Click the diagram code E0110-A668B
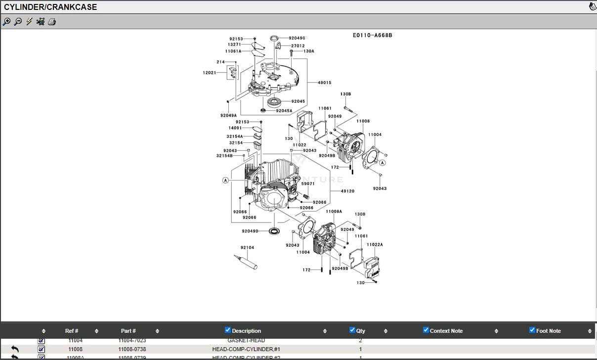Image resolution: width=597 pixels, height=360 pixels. (372, 36)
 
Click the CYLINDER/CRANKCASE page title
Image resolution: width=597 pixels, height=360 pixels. (50, 7)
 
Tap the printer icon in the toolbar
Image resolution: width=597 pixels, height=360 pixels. (52, 22)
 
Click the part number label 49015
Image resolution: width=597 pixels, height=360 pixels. (324, 83)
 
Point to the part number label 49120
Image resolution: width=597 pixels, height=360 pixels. (347, 191)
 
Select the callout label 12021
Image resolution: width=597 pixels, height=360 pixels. (209, 73)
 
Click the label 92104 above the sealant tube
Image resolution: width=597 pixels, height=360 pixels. (247, 247)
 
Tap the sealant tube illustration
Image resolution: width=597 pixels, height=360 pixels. (246, 262)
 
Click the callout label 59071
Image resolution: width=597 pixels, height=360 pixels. (308, 183)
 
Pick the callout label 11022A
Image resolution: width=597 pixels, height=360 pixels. (375, 244)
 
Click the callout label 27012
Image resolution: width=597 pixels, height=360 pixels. (298, 45)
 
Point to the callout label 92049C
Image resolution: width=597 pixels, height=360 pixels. (297, 38)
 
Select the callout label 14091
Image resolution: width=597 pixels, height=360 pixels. (235, 128)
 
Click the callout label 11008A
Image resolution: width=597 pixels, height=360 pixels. (334, 211)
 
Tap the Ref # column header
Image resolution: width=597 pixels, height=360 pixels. (72, 331)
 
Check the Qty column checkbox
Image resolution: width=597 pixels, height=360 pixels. (352, 330)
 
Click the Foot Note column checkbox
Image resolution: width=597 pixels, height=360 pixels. (532, 330)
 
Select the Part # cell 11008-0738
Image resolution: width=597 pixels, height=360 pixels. (132, 349)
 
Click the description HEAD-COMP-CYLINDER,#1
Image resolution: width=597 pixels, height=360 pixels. (246, 349)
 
